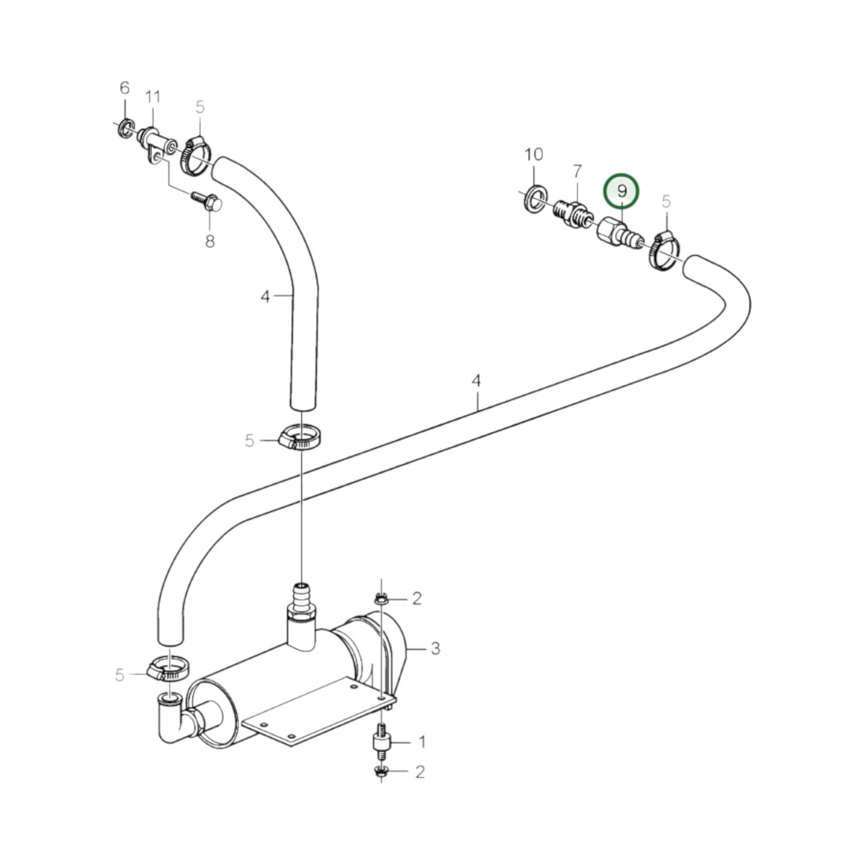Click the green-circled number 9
click(x=621, y=192)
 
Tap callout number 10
click(x=534, y=155)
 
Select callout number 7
click(x=577, y=171)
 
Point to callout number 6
click(x=125, y=88)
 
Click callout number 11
click(x=153, y=97)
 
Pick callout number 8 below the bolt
click(x=210, y=242)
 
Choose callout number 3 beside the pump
click(x=436, y=648)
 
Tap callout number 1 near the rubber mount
click(x=422, y=742)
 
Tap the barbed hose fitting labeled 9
click(x=621, y=233)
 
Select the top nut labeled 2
click(x=381, y=598)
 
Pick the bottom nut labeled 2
click(x=381, y=772)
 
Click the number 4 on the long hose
click(x=476, y=381)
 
